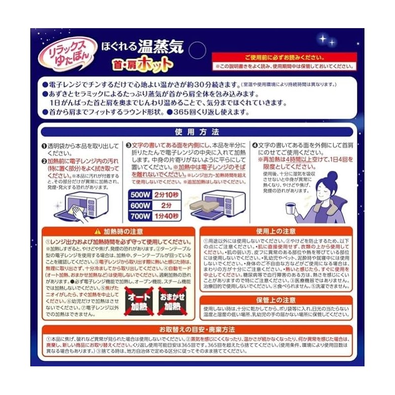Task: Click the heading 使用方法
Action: [x=197, y=132]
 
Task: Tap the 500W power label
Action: [x=140, y=194]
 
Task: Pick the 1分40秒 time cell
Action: [x=166, y=215]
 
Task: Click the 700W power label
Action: [x=140, y=215]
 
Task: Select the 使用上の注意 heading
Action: [x=276, y=231]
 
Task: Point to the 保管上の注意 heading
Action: [x=276, y=300]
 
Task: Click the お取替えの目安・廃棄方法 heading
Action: [x=197, y=329]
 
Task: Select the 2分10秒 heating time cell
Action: [x=166, y=194]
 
